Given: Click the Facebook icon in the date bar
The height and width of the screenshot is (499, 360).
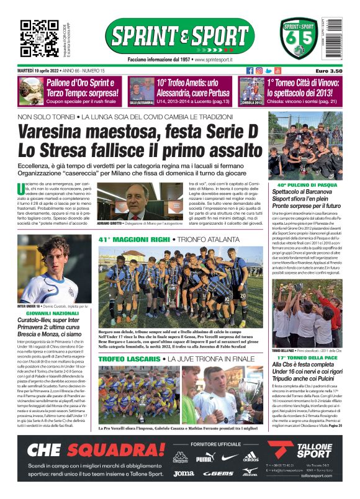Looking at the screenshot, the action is point(250,71).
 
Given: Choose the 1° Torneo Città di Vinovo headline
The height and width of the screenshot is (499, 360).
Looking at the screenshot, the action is point(304,87).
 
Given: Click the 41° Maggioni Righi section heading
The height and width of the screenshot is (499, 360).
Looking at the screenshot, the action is point(133,239).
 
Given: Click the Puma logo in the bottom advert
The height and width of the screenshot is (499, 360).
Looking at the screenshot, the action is point(205,458).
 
